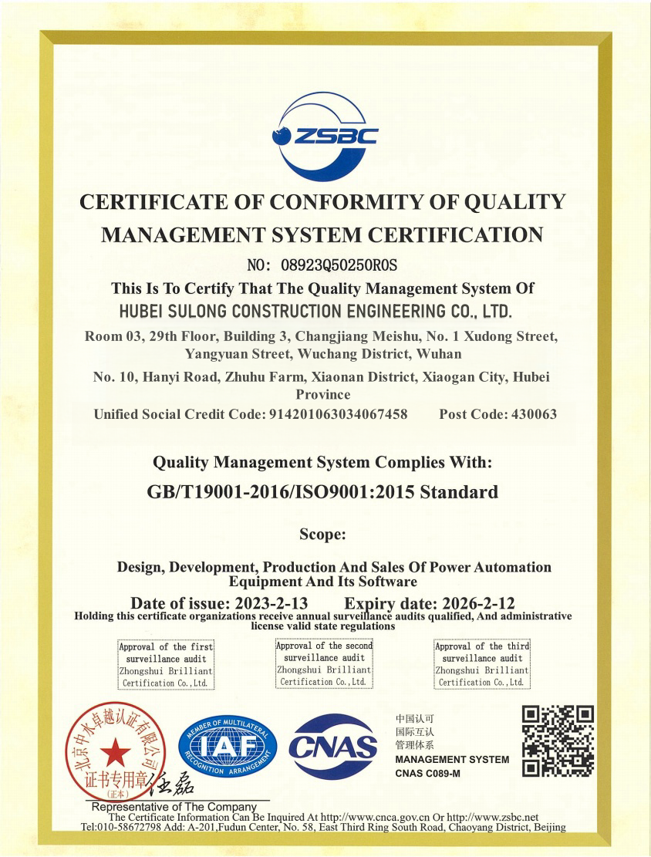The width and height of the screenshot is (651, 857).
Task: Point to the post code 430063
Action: (x=528, y=414)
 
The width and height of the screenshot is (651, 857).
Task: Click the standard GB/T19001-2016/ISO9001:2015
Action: (x=322, y=491)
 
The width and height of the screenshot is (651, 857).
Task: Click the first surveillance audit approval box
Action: (x=165, y=664)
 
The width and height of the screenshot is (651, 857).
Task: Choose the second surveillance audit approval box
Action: (x=324, y=663)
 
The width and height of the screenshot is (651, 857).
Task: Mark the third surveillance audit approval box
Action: (x=482, y=664)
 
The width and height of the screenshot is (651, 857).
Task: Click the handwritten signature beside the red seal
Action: (x=167, y=787)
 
